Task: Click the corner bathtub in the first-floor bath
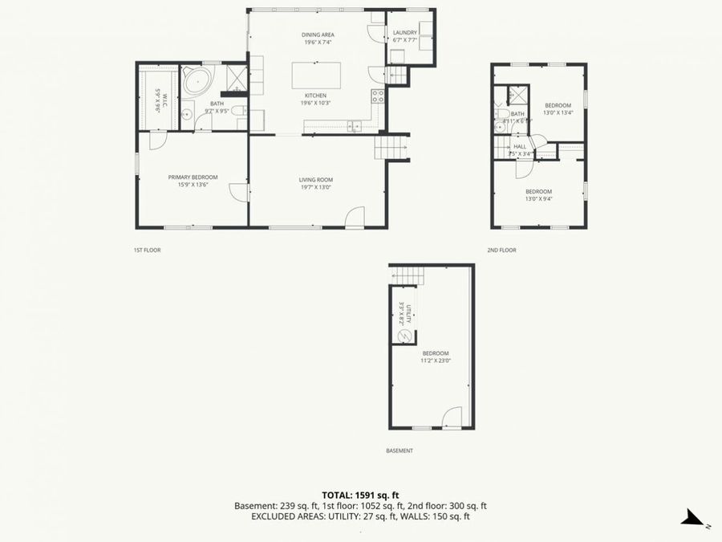point(197,80)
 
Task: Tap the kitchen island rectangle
point(315,75)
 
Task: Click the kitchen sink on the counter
point(353,125)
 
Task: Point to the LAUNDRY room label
point(404,33)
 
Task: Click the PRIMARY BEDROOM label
point(193,177)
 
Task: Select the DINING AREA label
point(318,35)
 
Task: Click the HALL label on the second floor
point(520,146)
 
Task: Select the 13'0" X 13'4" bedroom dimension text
point(558,113)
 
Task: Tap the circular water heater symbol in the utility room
point(405,336)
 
